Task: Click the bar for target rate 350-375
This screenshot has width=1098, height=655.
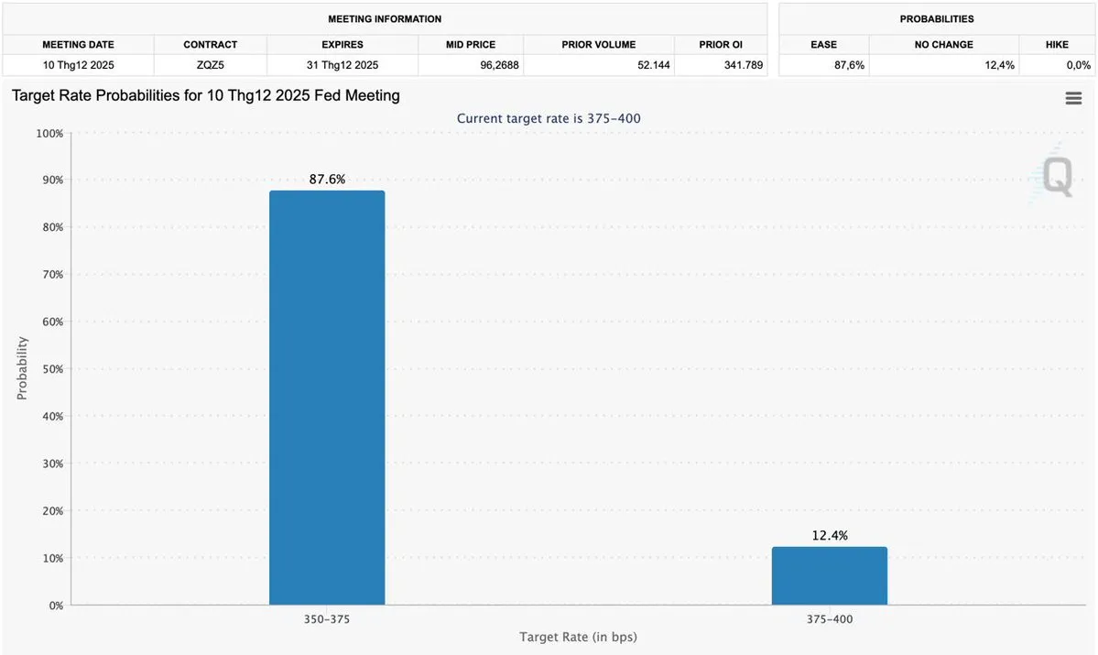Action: click(327, 398)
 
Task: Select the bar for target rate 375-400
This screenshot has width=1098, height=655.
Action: click(829, 576)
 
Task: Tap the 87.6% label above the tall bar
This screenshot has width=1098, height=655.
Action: click(327, 180)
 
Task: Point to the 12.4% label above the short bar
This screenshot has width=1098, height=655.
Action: click(829, 536)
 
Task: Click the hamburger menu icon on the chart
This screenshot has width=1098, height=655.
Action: click(1073, 99)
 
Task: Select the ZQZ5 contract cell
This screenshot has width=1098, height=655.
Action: click(210, 65)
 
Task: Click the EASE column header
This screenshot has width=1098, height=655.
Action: click(823, 44)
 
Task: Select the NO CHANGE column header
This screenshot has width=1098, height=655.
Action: click(943, 44)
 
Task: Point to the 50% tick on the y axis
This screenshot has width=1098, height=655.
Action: click(50, 369)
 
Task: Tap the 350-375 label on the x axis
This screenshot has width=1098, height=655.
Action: click(327, 619)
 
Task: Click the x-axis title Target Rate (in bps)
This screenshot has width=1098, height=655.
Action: click(578, 637)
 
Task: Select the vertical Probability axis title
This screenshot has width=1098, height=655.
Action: click(22, 368)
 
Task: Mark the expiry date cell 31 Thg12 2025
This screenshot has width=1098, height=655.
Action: click(342, 65)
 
